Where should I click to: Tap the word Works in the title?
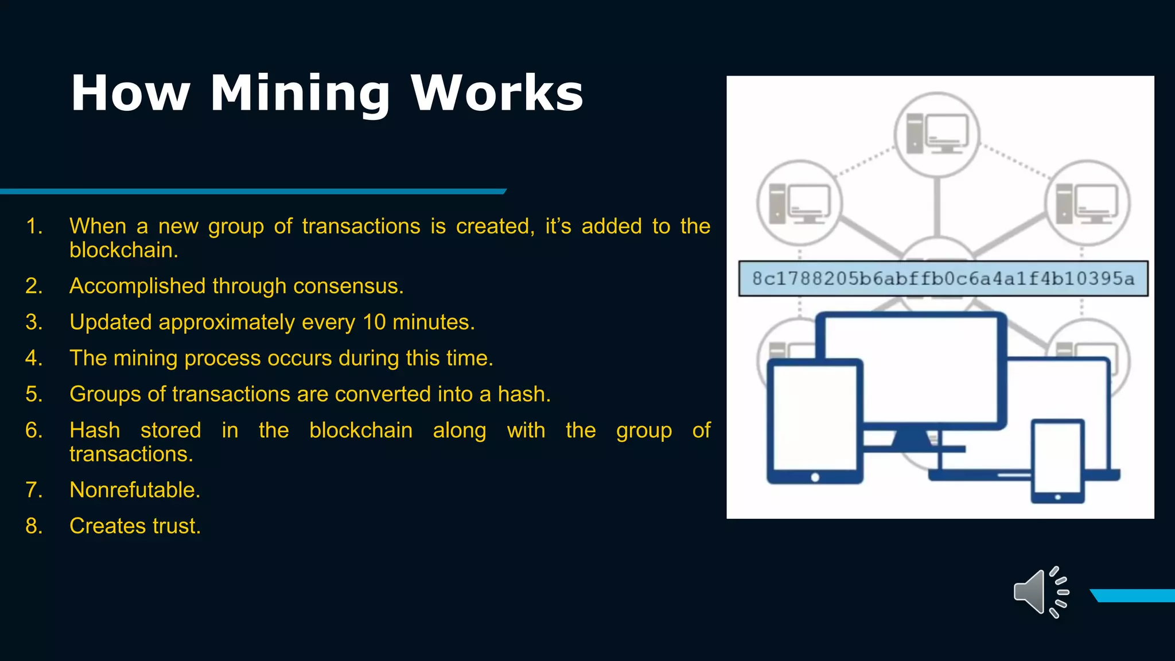tap(497, 94)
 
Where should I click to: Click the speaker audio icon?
tap(1040, 593)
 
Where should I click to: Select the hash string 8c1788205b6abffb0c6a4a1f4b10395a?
tap(943, 279)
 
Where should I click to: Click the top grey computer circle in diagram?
tap(937, 134)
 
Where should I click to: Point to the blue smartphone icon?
tap(1057, 461)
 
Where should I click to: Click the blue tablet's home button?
tap(815, 477)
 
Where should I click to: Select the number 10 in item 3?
tap(374, 322)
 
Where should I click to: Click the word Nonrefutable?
tap(135, 491)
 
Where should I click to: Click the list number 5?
tap(34, 395)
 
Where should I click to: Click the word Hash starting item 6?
tap(95, 431)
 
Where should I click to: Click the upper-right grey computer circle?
tap(1087, 203)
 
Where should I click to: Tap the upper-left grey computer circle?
tap(799, 203)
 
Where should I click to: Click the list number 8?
tap(34, 527)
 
